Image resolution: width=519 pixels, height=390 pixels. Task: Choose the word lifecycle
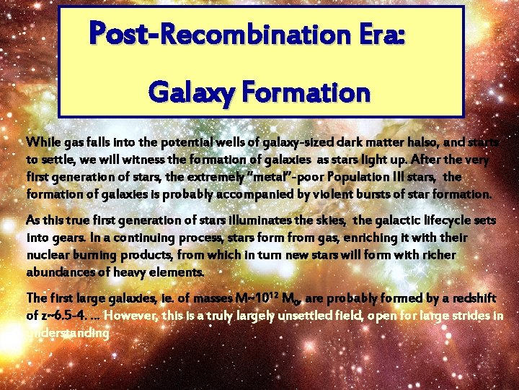tap(426, 220)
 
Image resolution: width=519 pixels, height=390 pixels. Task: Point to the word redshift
tap(470, 298)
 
